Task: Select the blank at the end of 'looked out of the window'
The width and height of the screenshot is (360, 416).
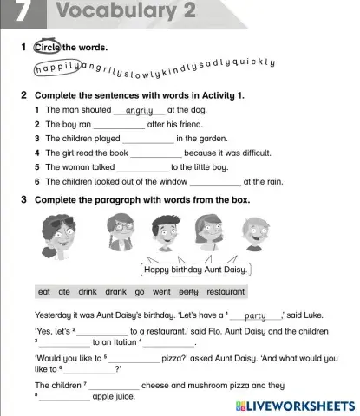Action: [215, 182]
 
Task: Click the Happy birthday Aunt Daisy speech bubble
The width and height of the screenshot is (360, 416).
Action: [196, 269]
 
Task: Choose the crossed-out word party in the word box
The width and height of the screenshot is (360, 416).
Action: [190, 292]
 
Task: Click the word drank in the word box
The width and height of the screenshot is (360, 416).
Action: [115, 292]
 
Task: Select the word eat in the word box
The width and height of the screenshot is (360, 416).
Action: [44, 292]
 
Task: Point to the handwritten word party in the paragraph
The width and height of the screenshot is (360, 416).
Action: [254, 315]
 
